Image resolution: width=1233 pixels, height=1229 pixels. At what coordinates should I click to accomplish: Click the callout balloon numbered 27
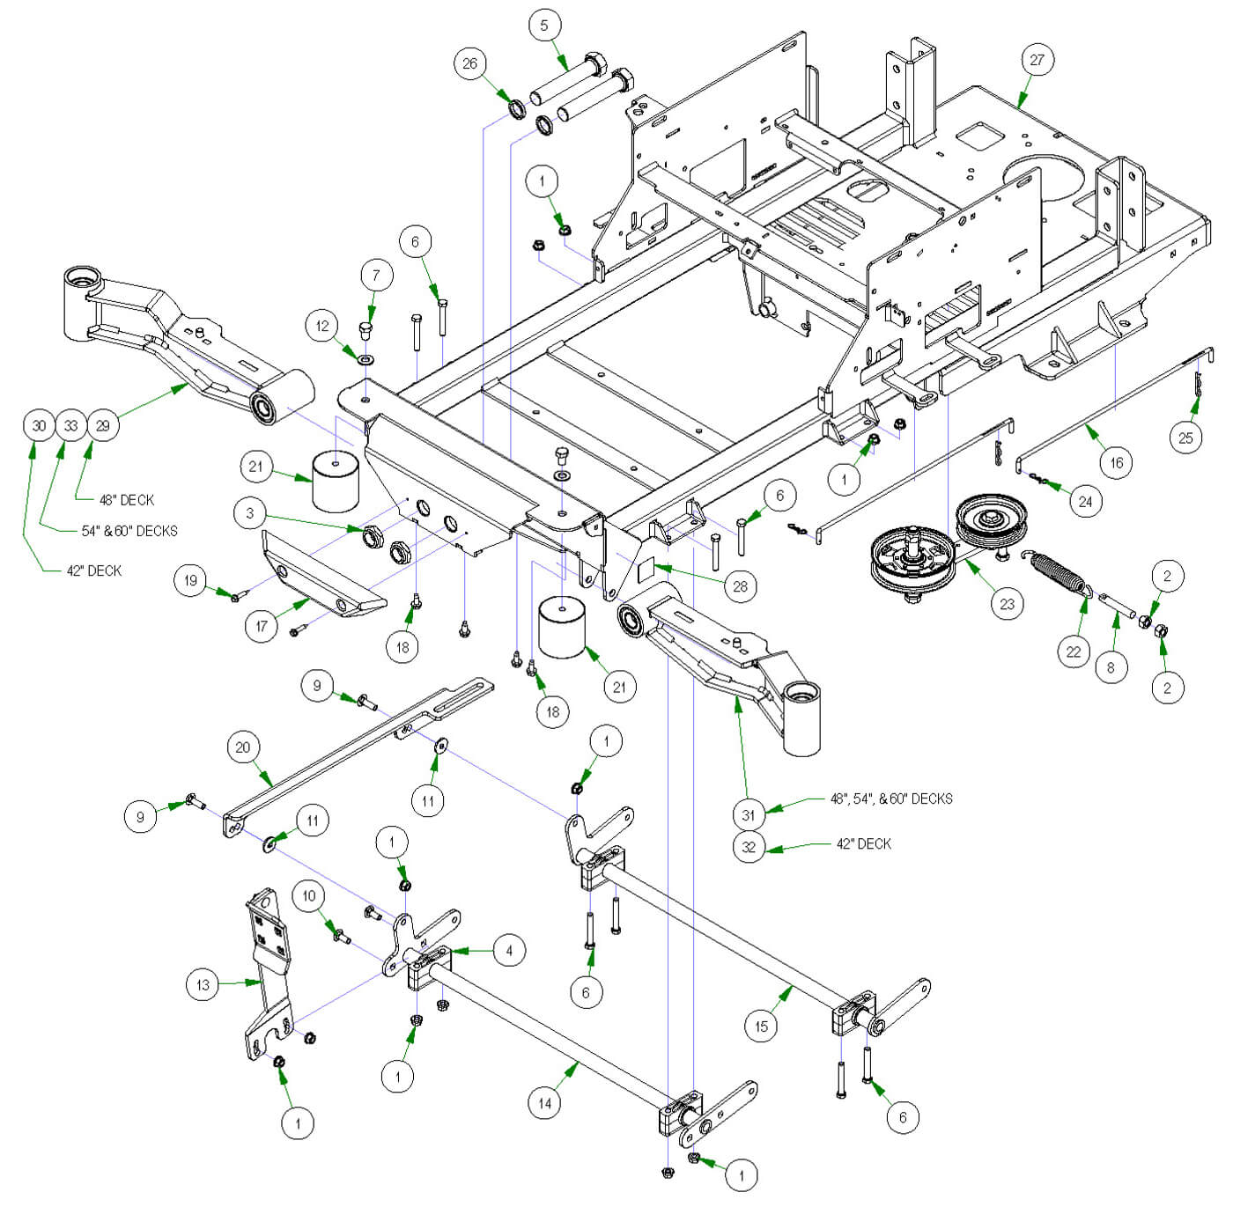(x=1037, y=60)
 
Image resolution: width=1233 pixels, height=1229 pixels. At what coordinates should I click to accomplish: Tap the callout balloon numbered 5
(x=543, y=25)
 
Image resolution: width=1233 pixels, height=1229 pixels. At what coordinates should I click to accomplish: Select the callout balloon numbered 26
(x=470, y=63)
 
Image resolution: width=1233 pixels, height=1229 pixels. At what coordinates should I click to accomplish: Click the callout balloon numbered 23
(x=1007, y=604)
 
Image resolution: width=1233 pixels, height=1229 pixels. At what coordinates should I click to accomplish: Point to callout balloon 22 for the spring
(x=1073, y=651)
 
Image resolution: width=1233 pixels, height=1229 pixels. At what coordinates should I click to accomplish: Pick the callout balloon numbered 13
(x=203, y=984)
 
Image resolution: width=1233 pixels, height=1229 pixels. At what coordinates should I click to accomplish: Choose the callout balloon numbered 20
(x=243, y=747)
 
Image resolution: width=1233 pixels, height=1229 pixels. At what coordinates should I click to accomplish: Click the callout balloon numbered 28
(x=740, y=586)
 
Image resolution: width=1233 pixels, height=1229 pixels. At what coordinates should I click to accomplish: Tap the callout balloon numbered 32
(x=749, y=847)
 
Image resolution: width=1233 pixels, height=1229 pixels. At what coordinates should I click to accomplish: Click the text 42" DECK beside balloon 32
(x=863, y=844)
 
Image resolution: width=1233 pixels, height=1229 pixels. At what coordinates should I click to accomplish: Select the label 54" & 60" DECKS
(x=129, y=531)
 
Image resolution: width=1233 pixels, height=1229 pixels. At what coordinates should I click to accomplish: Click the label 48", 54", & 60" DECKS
(x=891, y=799)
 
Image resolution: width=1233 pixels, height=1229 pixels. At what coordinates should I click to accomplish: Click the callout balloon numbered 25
(x=1185, y=438)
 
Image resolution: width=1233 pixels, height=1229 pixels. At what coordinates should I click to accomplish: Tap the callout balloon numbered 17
(x=261, y=627)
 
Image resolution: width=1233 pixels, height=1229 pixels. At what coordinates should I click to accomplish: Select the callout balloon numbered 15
(x=761, y=1026)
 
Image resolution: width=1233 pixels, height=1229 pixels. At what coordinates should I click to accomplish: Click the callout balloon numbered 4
(x=509, y=950)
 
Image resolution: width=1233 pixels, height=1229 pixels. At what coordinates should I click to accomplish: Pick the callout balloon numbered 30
(x=39, y=426)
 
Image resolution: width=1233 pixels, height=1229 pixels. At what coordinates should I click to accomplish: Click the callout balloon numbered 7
(x=376, y=276)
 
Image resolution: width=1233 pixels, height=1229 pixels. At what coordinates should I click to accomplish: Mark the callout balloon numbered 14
(x=544, y=1103)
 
